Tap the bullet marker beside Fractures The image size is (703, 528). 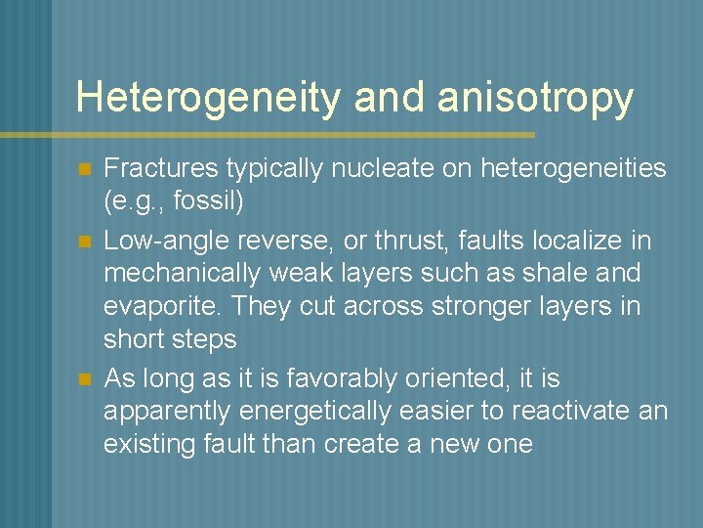pos(84,170)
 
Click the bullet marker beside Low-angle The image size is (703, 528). pos(84,241)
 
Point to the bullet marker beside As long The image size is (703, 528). pos(84,379)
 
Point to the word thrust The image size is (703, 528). pos(386,240)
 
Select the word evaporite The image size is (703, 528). pos(162,307)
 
